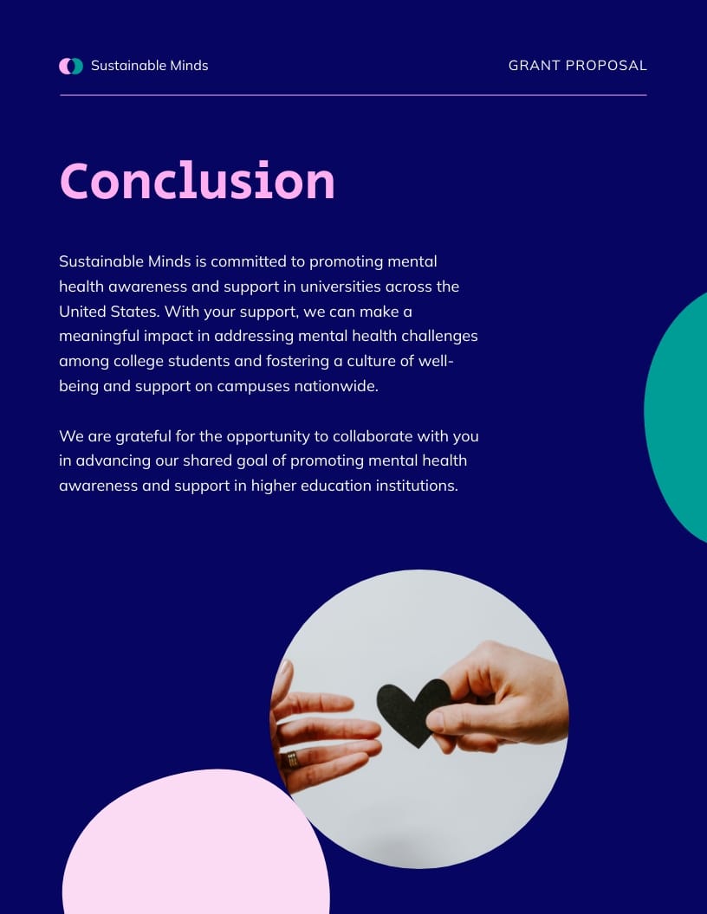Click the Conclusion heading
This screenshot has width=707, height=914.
coord(197,181)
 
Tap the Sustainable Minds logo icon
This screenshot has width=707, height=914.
coord(71,66)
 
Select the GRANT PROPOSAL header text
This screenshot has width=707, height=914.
coord(577,66)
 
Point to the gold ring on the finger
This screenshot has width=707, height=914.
coord(292,760)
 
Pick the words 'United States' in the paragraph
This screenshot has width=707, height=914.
coord(108,312)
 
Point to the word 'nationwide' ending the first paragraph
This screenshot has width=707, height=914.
coord(334,386)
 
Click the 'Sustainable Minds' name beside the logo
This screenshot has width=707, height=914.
coord(149,66)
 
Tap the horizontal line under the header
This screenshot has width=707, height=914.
coord(353,95)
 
